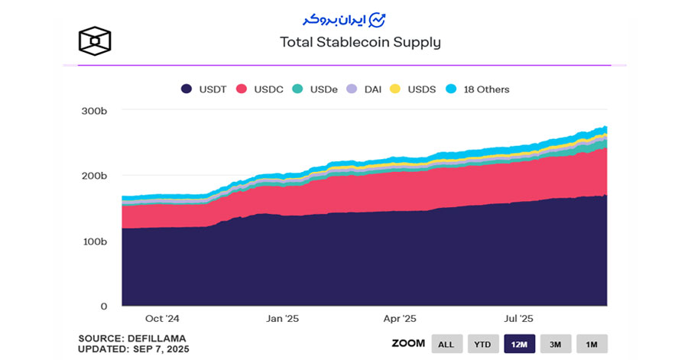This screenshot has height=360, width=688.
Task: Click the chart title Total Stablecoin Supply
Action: [x=361, y=43]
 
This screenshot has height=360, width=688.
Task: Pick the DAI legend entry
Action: [x=366, y=89]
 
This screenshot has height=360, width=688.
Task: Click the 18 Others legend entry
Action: [x=477, y=89]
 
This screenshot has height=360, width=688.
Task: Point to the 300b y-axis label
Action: [x=95, y=111]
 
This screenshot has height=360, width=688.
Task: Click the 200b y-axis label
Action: [x=95, y=176]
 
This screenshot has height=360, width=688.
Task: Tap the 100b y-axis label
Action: [x=95, y=242]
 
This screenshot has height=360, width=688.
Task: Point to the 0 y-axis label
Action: [x=104, y=306]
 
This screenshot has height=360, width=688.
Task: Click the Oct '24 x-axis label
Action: [x=162, y=319]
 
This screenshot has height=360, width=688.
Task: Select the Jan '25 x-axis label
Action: [x=282, y=319]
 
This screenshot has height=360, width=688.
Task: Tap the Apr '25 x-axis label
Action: [x=400, y=319]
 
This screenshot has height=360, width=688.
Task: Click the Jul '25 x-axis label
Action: [x=519, y=319]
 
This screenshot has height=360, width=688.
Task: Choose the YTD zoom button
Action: [x=483, y=344]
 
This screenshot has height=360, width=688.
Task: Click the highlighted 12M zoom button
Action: [x=520, y=344]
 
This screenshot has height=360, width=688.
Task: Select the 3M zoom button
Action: [x=556, y=344]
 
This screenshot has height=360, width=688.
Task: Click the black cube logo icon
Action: [x=95, y=40]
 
